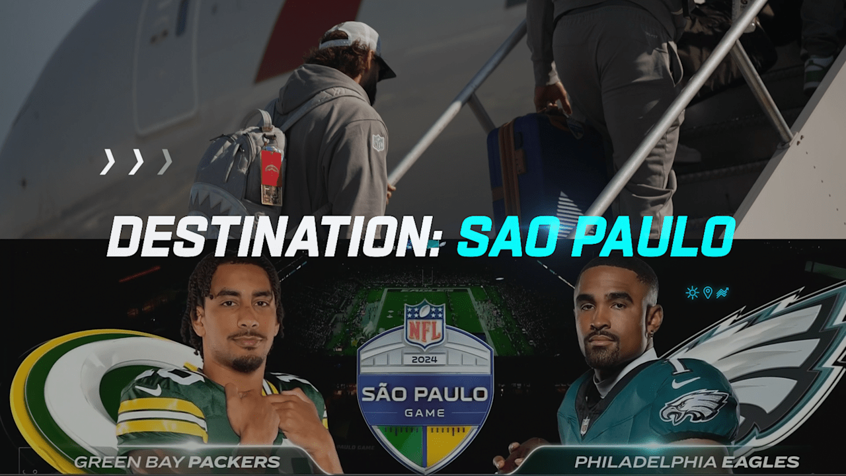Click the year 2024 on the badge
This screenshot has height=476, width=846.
(424, 360)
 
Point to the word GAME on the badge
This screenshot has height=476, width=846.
(424, 414)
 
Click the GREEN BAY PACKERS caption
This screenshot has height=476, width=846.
(176, 461)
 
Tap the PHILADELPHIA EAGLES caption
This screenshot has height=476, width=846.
(687, 461)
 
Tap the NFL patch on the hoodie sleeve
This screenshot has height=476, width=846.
(378, 142)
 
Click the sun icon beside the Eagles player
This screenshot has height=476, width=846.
(692, 292)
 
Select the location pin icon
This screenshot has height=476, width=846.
(707, 292)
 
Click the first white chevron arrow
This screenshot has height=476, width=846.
(107, 162)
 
